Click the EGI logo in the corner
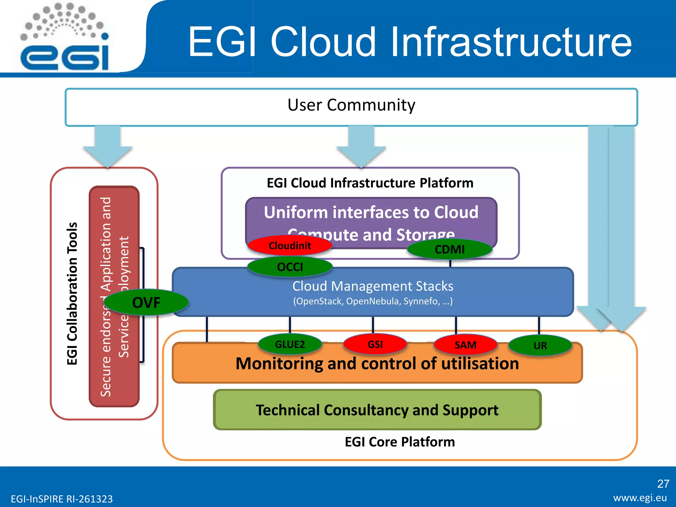pos(65,38)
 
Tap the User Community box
pos(351,107)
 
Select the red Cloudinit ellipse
pos(289,246)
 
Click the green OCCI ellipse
pos(289,267)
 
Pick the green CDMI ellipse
pos(450,249)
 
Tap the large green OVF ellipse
pos(146,302)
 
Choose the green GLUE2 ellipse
pos(289,344)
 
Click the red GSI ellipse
pos(375,344)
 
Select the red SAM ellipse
pos(465,345)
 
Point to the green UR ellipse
pos(540,346)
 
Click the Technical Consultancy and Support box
pos(377,410)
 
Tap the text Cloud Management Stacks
pos(373,286)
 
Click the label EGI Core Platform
pos(400,442)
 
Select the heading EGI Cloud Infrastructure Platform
pos(370,183)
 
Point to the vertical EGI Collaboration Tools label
pos(72,293)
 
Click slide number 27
pos(663,484)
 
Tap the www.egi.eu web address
pos(640,498)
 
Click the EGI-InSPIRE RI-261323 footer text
pos(62,499)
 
